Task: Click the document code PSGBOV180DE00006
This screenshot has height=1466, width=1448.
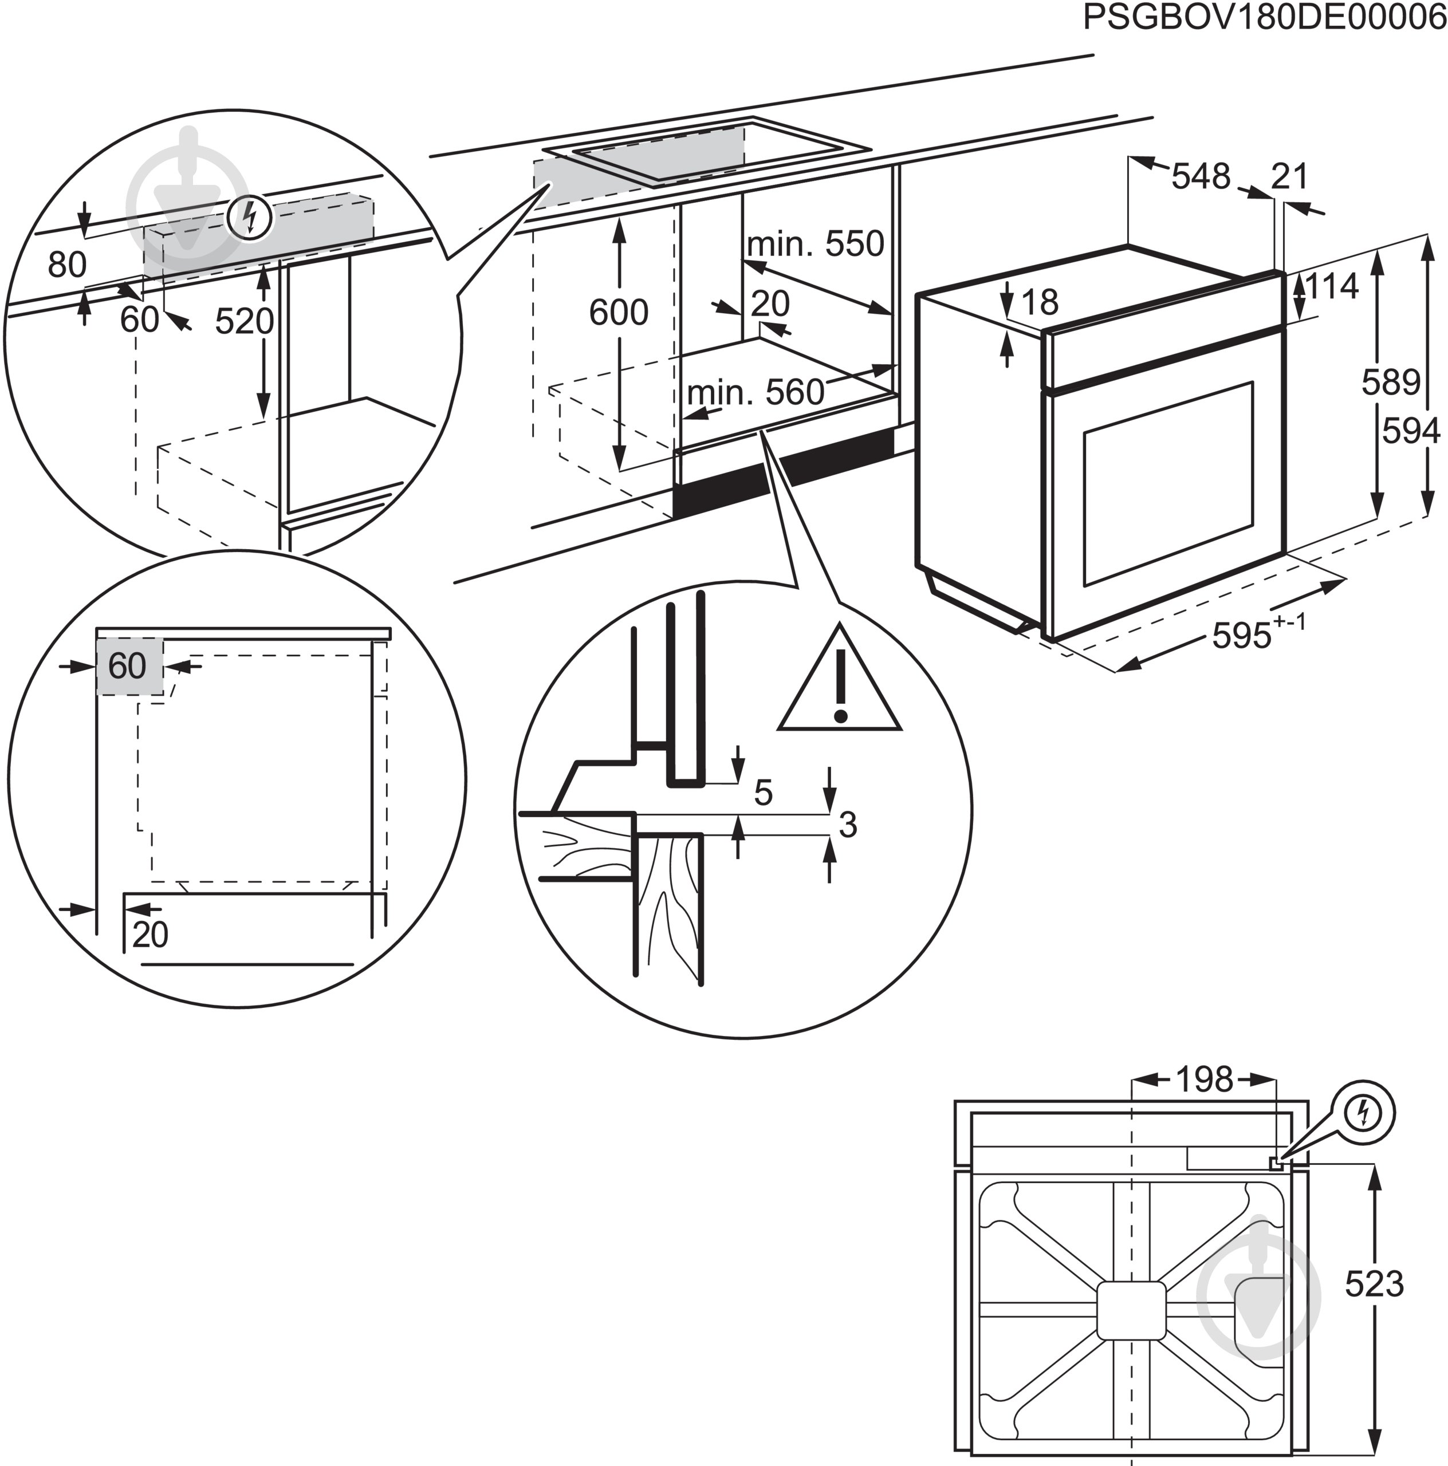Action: [x=1264, y=17]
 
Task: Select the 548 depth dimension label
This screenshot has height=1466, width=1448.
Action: [x=1200, y=177]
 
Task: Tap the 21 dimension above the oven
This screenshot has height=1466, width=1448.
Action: [x=1289, y=177]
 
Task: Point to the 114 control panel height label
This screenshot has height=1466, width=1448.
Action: [x=1331, y=287]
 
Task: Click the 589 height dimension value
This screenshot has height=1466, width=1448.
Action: [x=1390, y=382]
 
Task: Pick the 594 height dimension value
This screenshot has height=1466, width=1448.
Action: [x=1411, y=431]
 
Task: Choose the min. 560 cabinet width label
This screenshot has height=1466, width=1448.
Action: [x=755, y=392]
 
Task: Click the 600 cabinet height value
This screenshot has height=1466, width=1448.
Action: [x=619, y=312]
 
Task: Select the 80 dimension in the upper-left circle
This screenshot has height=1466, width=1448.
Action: [x=67, y=265]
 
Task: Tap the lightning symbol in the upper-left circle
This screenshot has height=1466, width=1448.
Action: [x=250, y=218]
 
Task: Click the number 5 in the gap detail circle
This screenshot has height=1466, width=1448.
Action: [x=763, y=793]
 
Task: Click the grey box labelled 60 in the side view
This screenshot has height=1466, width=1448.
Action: [x=128, y=666]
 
